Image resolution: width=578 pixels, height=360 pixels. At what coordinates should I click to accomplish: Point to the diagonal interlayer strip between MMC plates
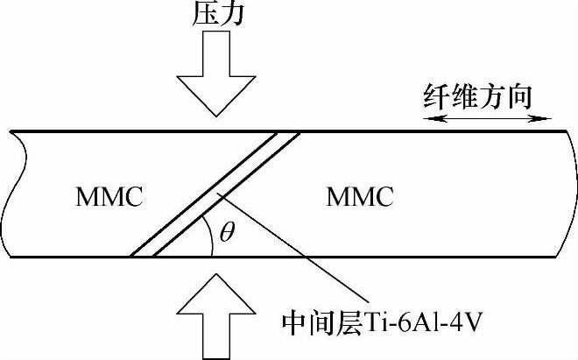[215, 194]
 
